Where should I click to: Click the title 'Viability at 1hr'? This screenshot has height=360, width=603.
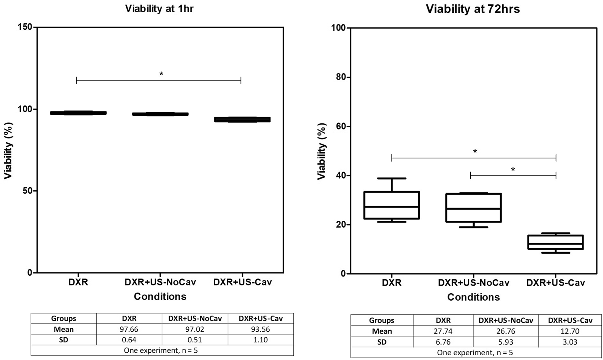click(159, 9)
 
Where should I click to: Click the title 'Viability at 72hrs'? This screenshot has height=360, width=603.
click(473, 9)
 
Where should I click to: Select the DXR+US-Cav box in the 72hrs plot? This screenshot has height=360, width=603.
click(556, 242)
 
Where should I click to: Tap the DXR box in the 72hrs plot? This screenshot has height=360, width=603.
click(392, 205)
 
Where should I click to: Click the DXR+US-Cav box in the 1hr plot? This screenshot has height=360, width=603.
click(242, 120)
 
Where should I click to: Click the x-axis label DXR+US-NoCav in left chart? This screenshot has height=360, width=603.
click(160, 282)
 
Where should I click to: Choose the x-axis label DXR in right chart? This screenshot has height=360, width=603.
click(392, 283)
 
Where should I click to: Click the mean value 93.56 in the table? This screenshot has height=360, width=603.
click(260, 329)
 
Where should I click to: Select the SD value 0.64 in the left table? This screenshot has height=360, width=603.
click(129, 340)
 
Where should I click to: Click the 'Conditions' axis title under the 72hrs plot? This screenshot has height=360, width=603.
click(473, 297)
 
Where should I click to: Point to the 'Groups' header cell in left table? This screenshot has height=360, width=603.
click(63, 319)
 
